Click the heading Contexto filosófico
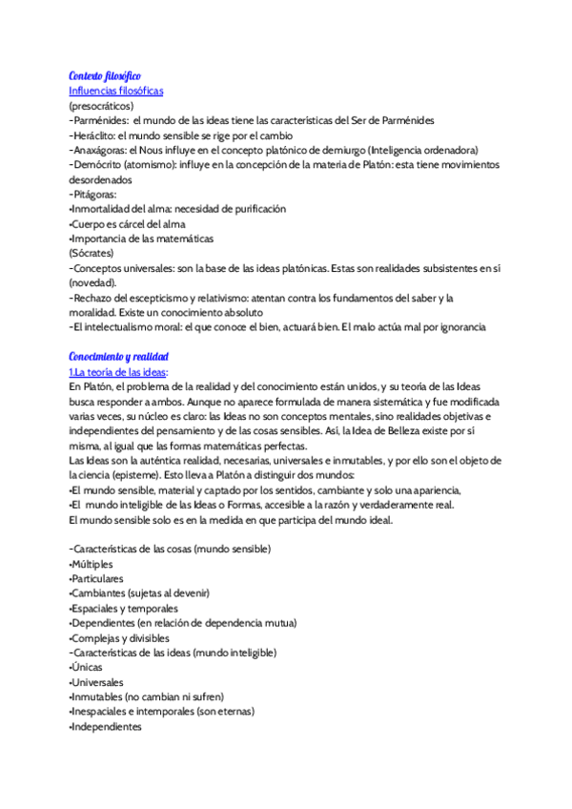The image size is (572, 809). pos(105,75)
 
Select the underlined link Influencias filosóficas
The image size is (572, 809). pos(115,91)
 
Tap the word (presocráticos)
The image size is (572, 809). pos(101,106)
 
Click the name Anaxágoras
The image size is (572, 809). pos(99,150)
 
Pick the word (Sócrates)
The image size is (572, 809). pos(92,253)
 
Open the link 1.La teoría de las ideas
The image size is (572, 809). pos(117,371)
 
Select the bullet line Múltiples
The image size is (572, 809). pos(92,564)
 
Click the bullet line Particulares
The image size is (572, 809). pos(96,578)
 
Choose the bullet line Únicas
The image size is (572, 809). pos(88,667)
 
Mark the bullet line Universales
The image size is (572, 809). pos(96,682)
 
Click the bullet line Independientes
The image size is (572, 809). pos(106,726)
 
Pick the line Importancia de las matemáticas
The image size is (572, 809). pos(142,238)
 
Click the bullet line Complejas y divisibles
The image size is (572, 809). pos(119,637)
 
